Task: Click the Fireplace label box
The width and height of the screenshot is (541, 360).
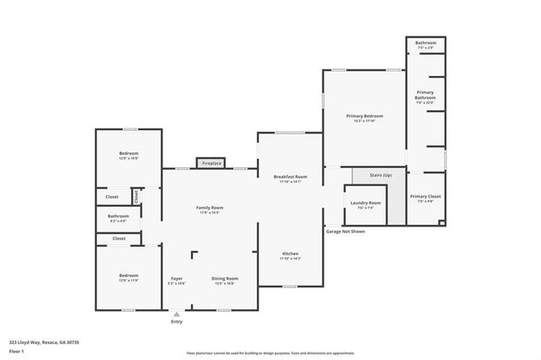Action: [x=210, y=163]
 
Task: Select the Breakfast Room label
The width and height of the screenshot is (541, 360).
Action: [x=290, y=177]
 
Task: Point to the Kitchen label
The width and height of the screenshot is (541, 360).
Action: [x=290, y=254]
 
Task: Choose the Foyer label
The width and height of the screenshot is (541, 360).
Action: [x=177, y=278]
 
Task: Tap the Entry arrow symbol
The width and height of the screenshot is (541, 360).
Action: [x=177, y=314]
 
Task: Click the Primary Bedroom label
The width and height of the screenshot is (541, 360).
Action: [x=364, y=116]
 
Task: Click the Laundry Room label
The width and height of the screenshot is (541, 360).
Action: [x=364, y=203]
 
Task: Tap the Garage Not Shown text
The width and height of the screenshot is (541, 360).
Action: [x=345, y=231]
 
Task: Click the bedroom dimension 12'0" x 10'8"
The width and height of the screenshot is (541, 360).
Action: [x=128, y=158]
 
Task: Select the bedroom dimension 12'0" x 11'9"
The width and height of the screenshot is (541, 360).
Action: [x=128, y=280]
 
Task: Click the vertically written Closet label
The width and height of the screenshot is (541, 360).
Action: [x=135, y=195]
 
